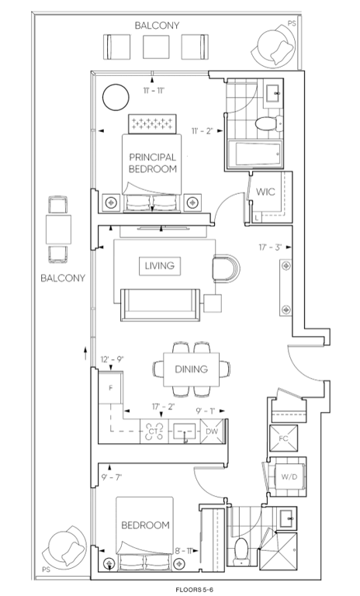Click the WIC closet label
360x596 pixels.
pos(265,192)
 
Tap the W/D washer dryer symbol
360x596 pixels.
pos(289,476)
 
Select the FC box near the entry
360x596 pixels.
pos(284,438)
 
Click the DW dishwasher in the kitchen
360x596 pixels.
pos(212,431)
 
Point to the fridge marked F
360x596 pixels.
pos(111,388)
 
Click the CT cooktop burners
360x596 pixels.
pos(154,431)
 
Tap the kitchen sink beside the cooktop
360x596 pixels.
pos(185,431)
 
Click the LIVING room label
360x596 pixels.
pos(160,265)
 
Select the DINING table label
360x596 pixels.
pos(191,369)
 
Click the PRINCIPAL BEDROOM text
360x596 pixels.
pos(153,163)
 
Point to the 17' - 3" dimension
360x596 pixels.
pos(270,247)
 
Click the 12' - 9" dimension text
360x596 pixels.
pos(112,359)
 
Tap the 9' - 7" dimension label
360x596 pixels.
pos(112,477)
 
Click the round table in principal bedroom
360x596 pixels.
pos(116,97)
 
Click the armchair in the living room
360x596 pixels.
pos(227,269)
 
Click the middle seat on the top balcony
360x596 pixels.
pos(156,47)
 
